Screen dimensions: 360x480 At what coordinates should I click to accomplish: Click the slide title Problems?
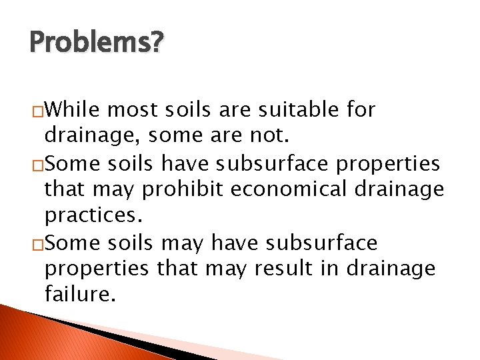(95, 44)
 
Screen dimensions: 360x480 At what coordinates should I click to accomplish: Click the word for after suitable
(360, 109)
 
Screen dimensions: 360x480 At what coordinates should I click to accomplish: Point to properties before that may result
(96, 269)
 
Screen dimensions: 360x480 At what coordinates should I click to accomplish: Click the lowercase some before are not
(176, 136)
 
